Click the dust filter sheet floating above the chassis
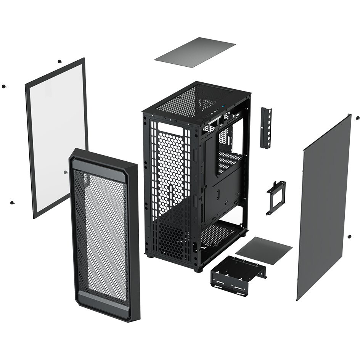click(x=194, y=52)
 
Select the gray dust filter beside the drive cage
click(x=264, y=251)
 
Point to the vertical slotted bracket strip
click(x=266, y=127)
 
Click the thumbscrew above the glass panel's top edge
click(x=59, y=61)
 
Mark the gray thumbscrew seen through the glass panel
click(x=66, y=172)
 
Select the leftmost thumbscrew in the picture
click(x=3, y=86)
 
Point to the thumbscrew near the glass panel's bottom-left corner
click(x=12, y=202)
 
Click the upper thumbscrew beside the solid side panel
click(x=357, y=118)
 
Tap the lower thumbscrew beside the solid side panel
click(x=349, y=236)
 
